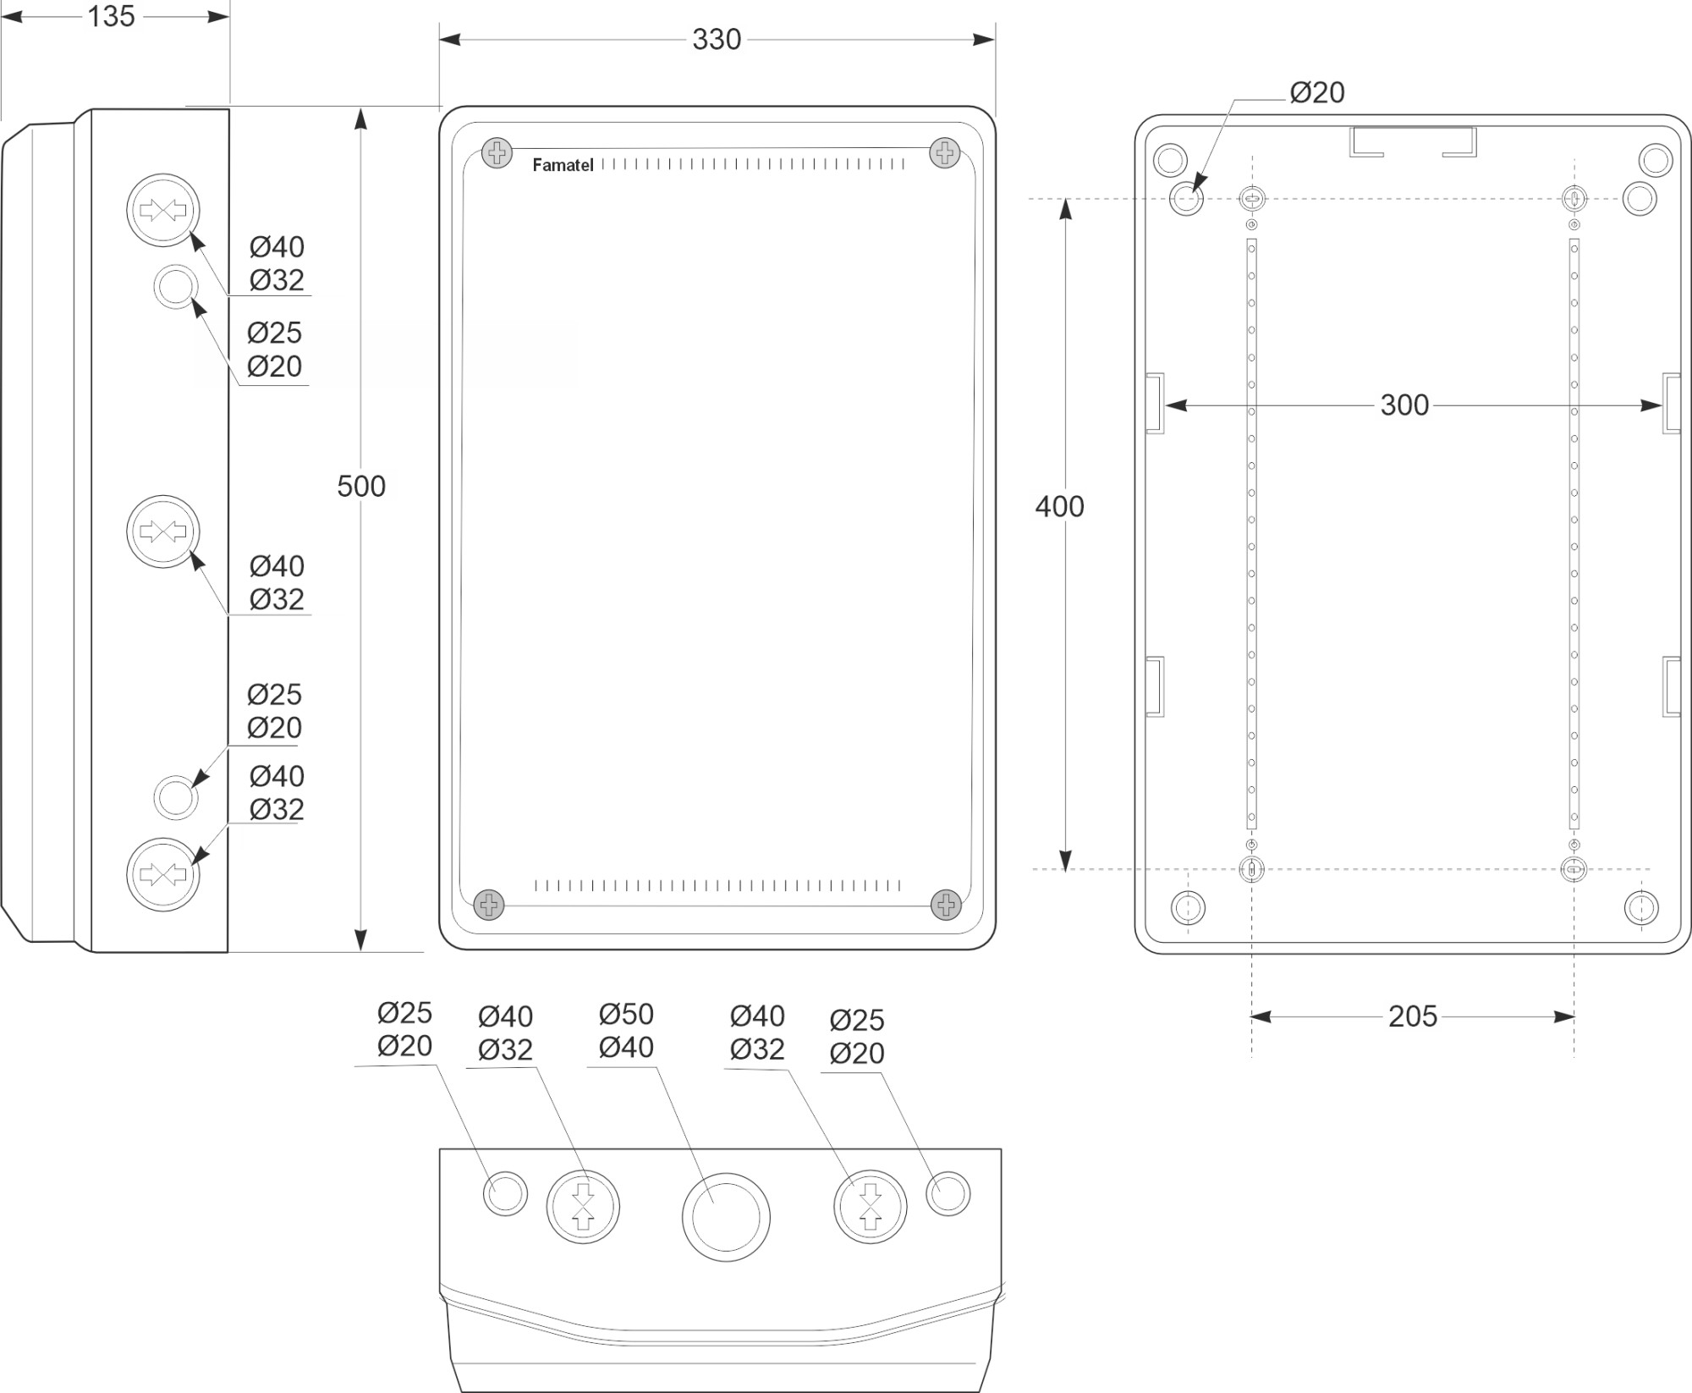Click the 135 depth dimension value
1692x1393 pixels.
[x=111, y=16]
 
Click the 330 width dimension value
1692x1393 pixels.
[x=716, y=39]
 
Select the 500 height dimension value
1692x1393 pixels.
[x=360, y=486]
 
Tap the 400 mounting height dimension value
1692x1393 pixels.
[x=1059, y=506]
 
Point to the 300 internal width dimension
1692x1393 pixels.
[x=1404, y=405]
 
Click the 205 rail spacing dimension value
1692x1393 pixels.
[x=1412, y=1016]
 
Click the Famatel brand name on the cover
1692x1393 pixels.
[x=563, y=165]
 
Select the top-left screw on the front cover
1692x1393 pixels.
[x=497, y=153]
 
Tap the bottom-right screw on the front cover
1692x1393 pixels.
[x=946, y=905]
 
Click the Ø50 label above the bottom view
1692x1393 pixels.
[x=626, y=1014]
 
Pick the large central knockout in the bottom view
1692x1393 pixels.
[x=726, y=1217]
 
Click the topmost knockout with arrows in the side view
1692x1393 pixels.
[x=163, y=210]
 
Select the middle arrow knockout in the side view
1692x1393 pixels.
[x=163, y=531]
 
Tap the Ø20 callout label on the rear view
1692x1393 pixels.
[x=1316, y=92]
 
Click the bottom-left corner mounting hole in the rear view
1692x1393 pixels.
[x=1188, y=907]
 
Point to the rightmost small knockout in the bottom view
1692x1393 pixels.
[x=948, y=1194]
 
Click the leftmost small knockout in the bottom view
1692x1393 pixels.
[x=505, y=1194]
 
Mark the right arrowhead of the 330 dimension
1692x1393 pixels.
[x=984, y=39]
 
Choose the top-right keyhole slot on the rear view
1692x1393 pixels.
[x=1574, y=199]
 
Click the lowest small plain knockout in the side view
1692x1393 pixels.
[x=175, y=797]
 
